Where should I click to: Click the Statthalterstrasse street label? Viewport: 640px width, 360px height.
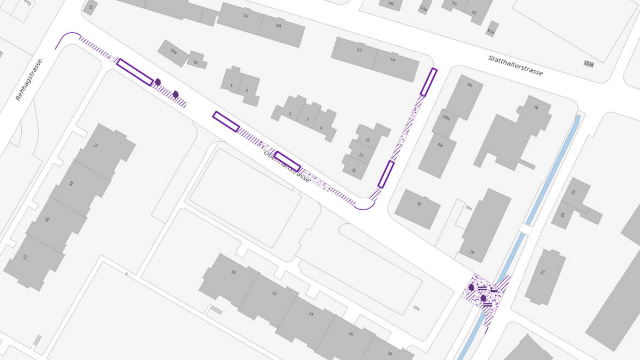515,65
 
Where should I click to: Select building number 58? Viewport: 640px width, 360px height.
245,16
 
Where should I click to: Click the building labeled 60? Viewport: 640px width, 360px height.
279,26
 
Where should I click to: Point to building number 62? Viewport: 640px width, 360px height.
359,50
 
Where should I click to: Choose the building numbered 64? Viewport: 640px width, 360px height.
392,59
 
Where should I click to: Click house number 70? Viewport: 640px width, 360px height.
419,204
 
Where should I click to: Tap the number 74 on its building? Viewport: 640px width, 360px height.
536,108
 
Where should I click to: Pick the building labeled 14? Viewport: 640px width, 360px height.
311,314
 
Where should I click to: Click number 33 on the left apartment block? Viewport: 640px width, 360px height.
71,184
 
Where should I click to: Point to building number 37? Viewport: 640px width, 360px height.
24,257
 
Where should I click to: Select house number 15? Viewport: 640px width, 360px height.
354,170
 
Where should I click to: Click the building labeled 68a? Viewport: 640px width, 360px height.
446,118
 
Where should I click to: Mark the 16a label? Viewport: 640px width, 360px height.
416,308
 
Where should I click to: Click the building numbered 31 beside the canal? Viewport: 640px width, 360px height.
542,272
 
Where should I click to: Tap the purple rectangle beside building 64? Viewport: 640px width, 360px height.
428,82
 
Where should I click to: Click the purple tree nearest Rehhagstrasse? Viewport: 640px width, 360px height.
158,82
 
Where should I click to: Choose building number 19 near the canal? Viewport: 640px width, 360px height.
471,252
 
